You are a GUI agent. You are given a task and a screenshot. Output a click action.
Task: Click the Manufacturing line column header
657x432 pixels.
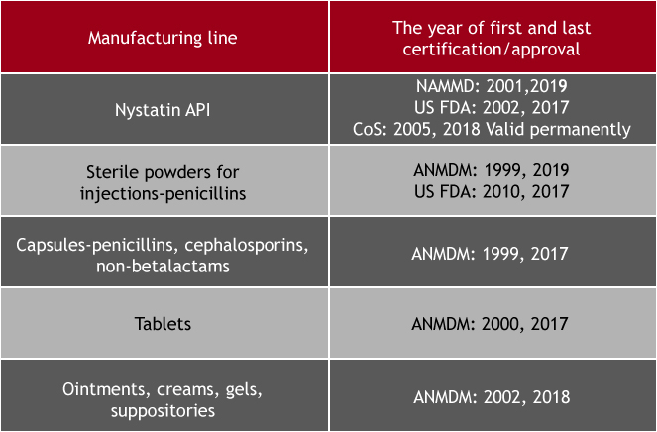tap(163, 38)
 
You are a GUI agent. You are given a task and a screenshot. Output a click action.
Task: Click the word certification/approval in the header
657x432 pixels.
tap(492, 50)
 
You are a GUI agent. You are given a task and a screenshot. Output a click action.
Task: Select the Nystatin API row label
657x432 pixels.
tap(163, 110)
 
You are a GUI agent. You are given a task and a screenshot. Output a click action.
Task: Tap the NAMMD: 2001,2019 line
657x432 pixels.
tap(492, 86)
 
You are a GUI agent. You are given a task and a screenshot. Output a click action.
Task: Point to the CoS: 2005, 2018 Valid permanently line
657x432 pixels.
tap(492, 129)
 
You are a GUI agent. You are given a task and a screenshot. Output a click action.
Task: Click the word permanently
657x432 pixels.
tap(581, 130)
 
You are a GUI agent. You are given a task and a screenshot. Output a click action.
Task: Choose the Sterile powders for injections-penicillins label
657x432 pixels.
tap(163, 182)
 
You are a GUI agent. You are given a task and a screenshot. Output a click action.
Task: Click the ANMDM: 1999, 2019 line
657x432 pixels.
tap(492, 170)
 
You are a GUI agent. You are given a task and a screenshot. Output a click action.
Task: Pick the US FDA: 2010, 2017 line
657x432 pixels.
tap(492, 191)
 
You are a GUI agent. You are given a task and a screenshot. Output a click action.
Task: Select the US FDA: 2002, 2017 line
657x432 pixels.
tap(492, 107)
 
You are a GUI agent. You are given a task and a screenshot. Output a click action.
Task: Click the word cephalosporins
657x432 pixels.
tap(247, 245)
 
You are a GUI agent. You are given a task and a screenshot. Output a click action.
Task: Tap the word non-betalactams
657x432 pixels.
tap(163, 267)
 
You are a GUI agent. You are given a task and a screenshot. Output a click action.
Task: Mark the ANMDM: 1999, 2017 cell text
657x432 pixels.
tap(490, 254)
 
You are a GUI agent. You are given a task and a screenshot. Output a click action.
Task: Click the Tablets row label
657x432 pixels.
tap(163, 324)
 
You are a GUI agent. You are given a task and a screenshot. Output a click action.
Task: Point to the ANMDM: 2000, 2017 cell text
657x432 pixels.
tap(490, 324)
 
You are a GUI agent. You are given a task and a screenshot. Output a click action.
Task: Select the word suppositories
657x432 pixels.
tap(163, 410)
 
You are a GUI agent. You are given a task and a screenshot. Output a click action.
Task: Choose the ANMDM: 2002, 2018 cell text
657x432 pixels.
tap(492, 397)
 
